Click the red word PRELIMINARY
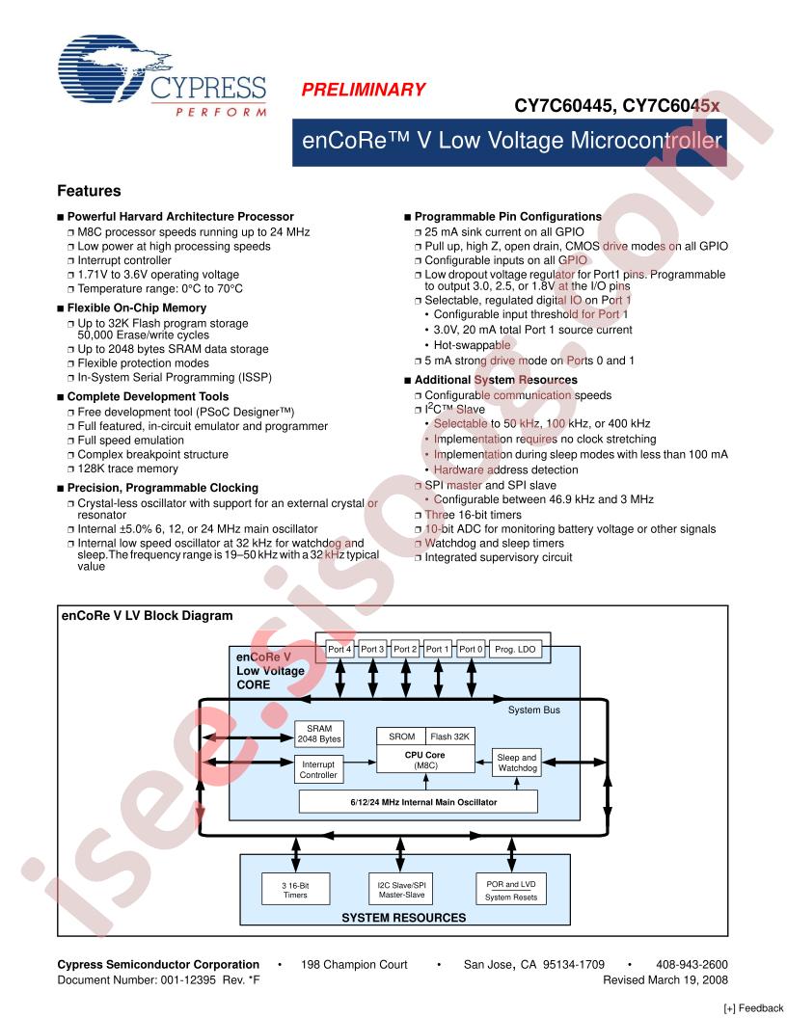pyautogui.click(x=364, y=90)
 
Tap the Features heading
pyautogui.click(x=89, y=191)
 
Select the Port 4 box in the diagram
pyautogui.click(x=339, y=649)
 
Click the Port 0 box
pyautogui.click(x=471, y=649)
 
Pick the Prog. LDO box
pyautogui.click(x=515, y=649)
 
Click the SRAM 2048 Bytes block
pyautogui.click(x=318, y=734)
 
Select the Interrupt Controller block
pyautogui.click(x=318, y=769)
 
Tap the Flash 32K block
pyautogui.click(x=450, y=737)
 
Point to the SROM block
pyautogui.click(x=401, y=737)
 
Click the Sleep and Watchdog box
pyautogui.click(x=516, y=763)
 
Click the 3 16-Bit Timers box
pyautogui.click(x=295, y=889)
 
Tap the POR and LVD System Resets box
pyautogui.click(x=510, y=889)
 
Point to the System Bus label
pyautogui.click(x=533, y=710)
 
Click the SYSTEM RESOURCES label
pyautogui.click(x=403, y=918)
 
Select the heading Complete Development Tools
pyautogui.click(x=148, y=396)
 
